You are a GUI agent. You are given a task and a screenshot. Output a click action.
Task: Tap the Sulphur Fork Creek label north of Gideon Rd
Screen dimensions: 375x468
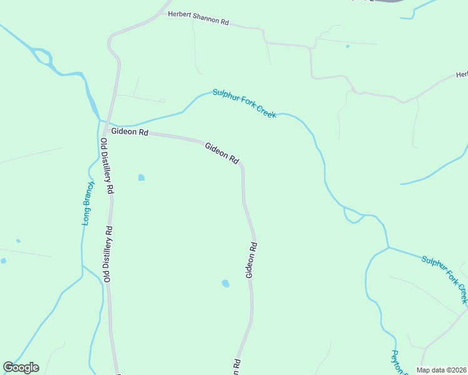[244, 103]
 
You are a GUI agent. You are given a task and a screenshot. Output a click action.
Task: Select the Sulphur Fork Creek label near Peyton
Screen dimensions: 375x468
[445, 276]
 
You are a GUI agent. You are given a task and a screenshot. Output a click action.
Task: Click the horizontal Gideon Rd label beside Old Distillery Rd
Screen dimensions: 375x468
[130, 132]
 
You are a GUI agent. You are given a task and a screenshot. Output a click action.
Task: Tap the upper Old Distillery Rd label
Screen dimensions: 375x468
[106, 166]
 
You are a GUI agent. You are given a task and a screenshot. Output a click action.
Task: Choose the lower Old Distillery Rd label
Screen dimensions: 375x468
[108, 254]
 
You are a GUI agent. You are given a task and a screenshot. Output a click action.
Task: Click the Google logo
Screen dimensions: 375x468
[21, 367]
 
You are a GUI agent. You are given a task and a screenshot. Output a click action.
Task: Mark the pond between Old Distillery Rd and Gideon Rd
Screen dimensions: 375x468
[141, 177]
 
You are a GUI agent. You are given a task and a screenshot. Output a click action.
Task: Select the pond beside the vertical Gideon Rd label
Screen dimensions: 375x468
[225, 284]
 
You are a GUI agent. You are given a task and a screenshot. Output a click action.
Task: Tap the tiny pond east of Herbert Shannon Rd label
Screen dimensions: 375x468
[347, 46]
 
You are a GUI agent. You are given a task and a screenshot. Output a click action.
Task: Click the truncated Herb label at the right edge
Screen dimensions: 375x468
[462, 74]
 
